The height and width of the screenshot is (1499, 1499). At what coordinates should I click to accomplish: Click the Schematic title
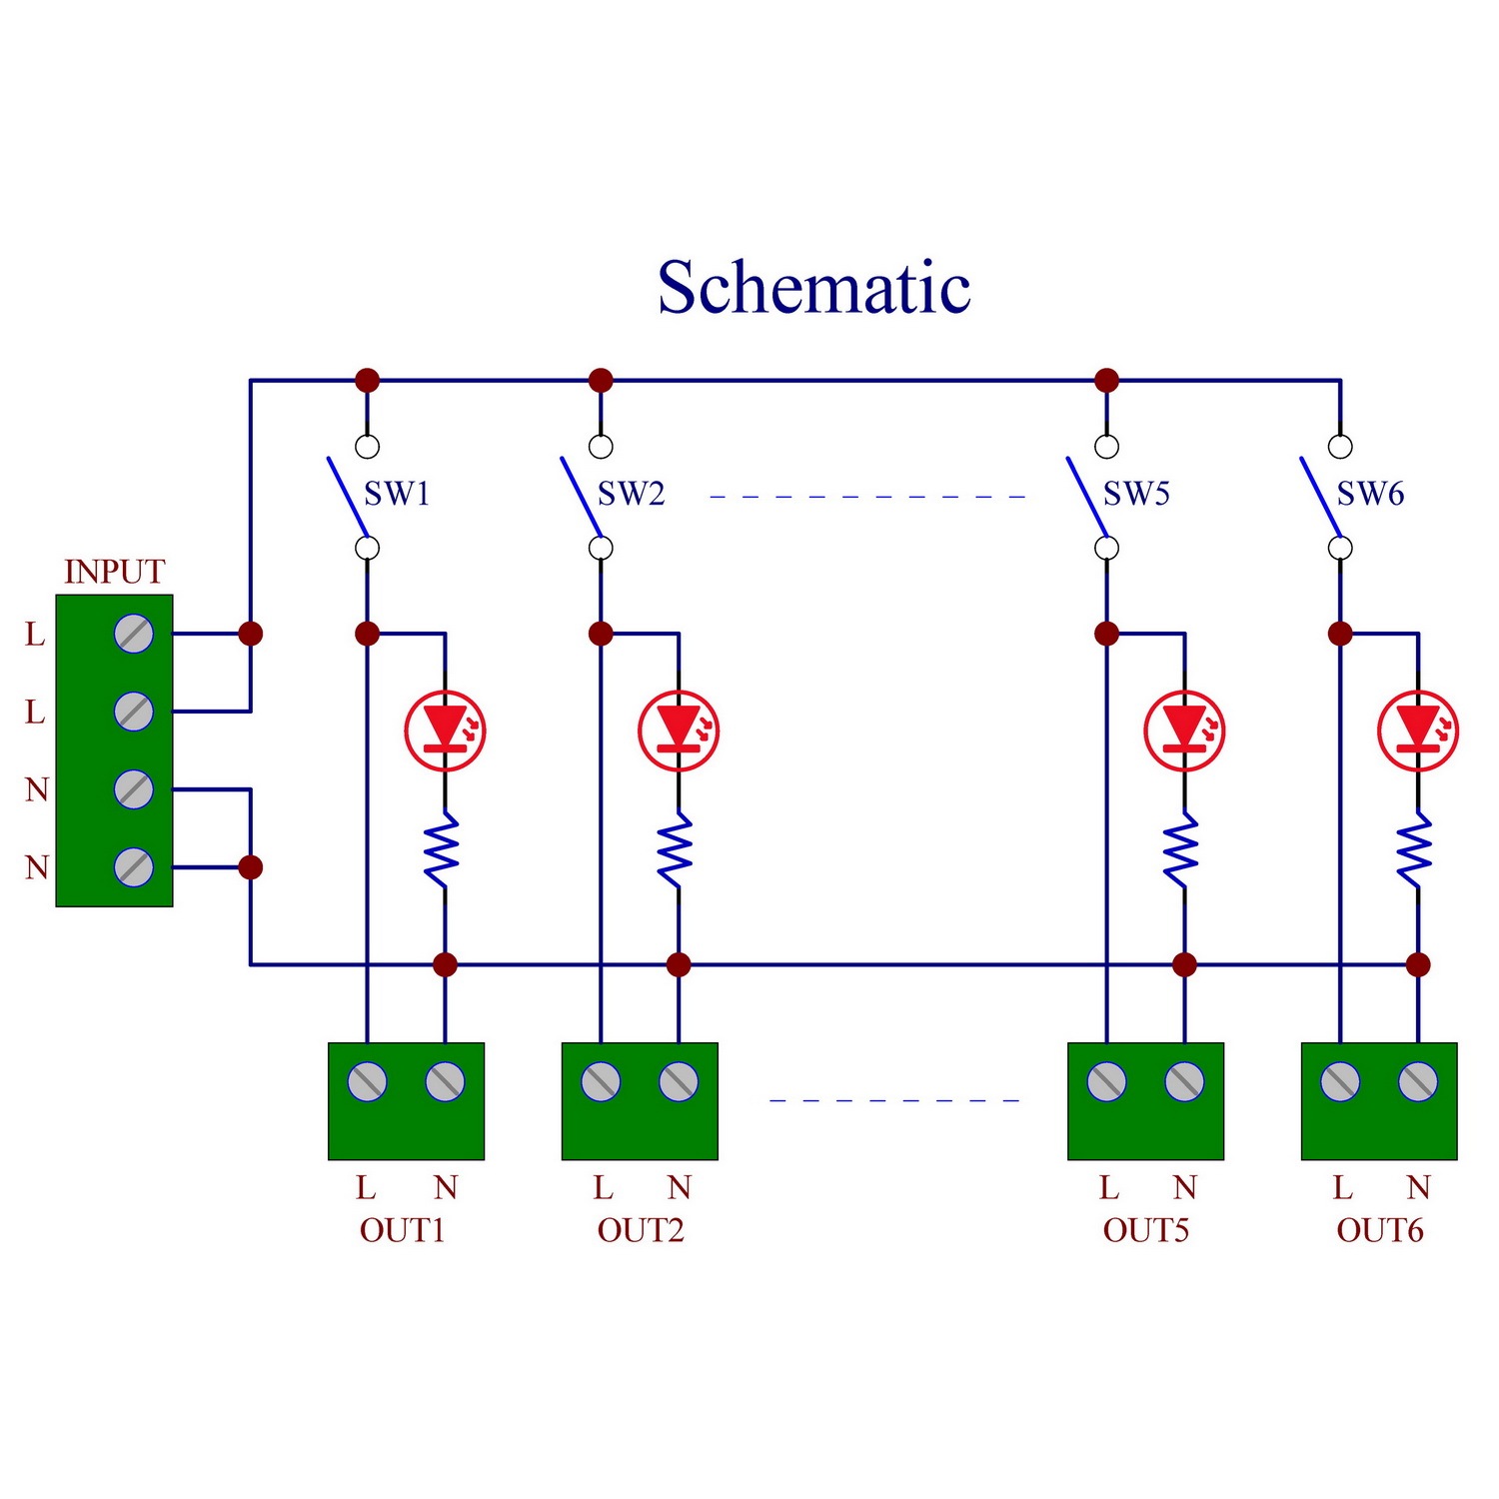pyautogui.click(x=813, y=288)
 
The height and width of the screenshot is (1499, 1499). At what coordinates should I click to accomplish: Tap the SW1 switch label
pyautogui.click(x=397, y=494)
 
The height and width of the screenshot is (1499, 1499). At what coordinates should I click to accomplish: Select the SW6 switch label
pyautogui.click(x=1371, y=494)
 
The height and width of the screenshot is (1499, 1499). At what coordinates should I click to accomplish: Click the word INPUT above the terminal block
pyautogui.click(x=115, y=572)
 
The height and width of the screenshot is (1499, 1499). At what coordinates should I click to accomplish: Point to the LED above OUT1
pyautogui.click(x=446, y=731)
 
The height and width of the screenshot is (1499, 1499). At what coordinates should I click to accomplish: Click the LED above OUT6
pyautogui.click(x=1418, y=731)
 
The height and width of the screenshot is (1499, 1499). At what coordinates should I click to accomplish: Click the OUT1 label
pyautogui.click(x=402, y=1230)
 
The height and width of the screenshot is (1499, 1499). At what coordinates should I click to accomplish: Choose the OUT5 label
pyautogui.click(x=1146, y=1230)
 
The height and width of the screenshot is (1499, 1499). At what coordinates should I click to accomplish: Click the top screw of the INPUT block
pyautogui.click(x=134, y=634)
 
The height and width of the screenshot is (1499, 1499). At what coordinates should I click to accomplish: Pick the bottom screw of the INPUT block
pyautogui.click(x=134, y=867)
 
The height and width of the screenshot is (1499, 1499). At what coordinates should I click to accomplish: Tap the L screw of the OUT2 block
pyautogui.click(x=601, y=1081)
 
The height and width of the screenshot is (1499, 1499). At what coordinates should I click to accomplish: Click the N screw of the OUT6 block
pyautogui.click(x=1418, y=1081)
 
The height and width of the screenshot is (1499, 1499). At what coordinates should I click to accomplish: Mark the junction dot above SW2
pyautogui.click(x=601, y=380)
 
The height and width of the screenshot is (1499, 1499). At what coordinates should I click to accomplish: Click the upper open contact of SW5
pyautogui.click(x=1106, y=446)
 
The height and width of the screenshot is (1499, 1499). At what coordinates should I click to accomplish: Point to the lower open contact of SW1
pyautogui.click(x=368, y=548)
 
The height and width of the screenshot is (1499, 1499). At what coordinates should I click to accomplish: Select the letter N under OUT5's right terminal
pyautogui.click(x=1185, y=1187)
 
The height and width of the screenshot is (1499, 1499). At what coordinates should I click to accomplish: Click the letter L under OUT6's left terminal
pyautogui.click(x=1342, y=1187)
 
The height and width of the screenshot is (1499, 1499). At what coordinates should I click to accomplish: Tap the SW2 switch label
pyautogui.click(x=631, y=494)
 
